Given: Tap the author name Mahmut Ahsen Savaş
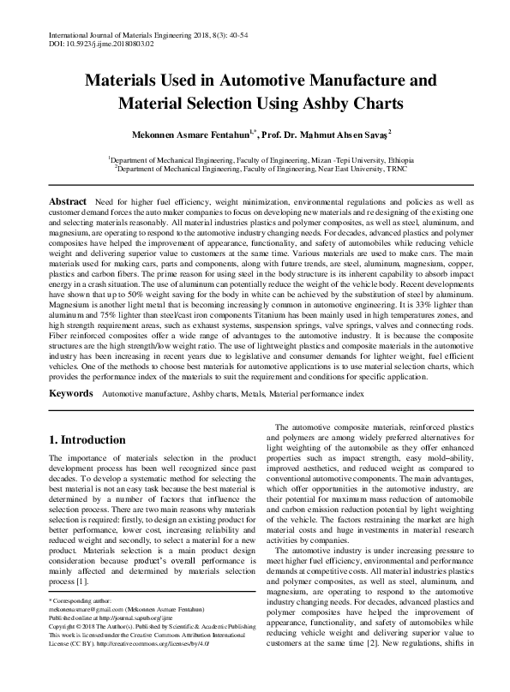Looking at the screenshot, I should [336, 134].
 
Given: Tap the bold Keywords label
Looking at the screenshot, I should [70, 393].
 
